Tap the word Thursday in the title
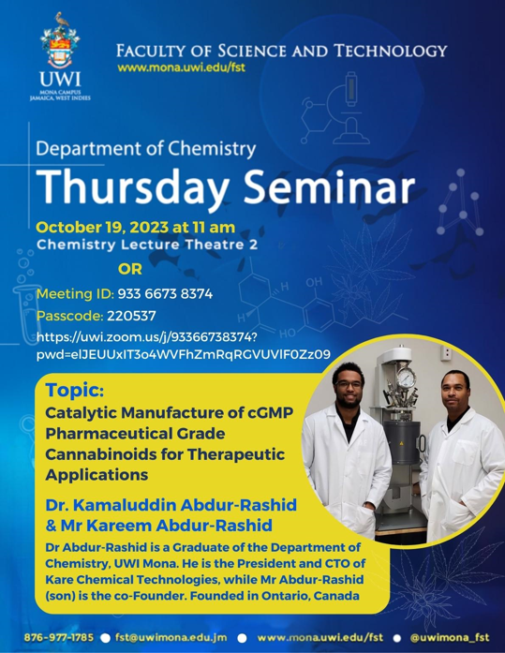point(132,187)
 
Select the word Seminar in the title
point(329,186)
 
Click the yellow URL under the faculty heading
point(181,67)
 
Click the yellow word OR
point(130,269)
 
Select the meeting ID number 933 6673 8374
point(165,294)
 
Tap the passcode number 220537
point(131,316)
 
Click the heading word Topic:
point(75,391)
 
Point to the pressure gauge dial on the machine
point(405,378)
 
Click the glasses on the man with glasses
point(349,385)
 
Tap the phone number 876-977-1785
point(59,638)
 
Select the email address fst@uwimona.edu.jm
point(171,638)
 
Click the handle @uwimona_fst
point(450,638)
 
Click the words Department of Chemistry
point(146,149)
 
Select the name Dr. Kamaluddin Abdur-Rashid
point(171,505)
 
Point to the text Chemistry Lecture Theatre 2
point(147,245)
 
